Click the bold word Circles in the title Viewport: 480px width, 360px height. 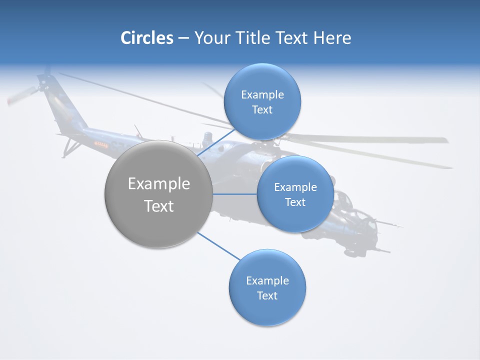pyautogui.click(x=147, y=38)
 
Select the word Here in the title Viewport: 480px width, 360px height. pyautogui.click(x=332, y=38)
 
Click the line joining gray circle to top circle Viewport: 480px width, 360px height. pyautogui.click(x=215, y=142)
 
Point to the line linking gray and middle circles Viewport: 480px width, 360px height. pyautogui.click(x=235, y=194)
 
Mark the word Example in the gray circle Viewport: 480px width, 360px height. pyautogui.click(x=159, y=184)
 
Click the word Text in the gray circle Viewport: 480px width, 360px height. pyautogui.click(x=159, y=206)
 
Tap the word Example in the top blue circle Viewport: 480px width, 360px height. pyautogui.click(x=262, y=95)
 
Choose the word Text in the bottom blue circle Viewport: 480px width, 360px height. pyautogui.click(x=267, y=295)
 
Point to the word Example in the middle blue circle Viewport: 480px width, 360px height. pyautogui.click(x=295, y=187)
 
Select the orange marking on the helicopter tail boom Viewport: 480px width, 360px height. pyautogui.click(x=101, y=145)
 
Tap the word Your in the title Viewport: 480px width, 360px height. pyautogui.click(x=208, y=38)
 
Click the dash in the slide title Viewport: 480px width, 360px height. pyautogui.click(x=183, y=38)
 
